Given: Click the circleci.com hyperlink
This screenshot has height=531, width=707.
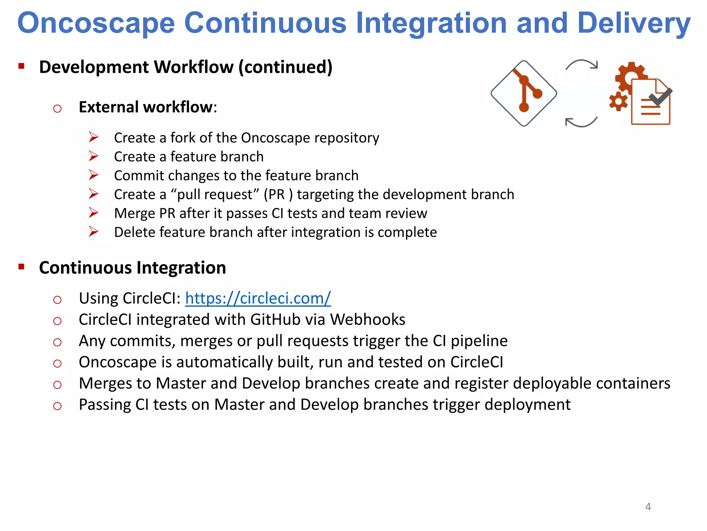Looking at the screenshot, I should click(x=258, y=298).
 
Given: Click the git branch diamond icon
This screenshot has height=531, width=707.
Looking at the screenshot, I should click(x=524, y=93).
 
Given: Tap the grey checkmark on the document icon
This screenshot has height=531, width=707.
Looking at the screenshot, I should click(x=660, y=97).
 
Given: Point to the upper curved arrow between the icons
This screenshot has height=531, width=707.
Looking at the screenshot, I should click(x=582, y=64).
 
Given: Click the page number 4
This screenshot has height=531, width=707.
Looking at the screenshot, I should click(x=648, y=507).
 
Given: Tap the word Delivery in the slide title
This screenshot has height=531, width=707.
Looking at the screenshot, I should click(x=634, y=23).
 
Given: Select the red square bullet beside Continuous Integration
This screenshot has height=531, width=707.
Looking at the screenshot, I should click(x=21, y=267).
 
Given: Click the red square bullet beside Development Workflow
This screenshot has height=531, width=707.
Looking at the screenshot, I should click(x=21, y=66).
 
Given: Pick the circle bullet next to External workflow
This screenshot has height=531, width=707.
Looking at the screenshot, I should click(x=57, y=109).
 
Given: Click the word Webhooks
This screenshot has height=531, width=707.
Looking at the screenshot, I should click(x=368, y=319).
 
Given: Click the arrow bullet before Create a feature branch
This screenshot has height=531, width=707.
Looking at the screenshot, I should click(x=94, y=156).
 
